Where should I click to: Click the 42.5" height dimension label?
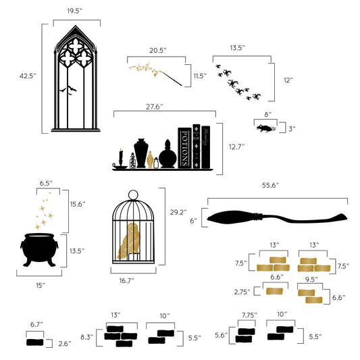[28, 77]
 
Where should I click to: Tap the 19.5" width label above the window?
[75, 11]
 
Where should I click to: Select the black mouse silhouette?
[265, 127]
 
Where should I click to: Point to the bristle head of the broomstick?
[234, 217]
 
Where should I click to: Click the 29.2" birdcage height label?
[178, 211]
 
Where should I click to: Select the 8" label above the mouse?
[267, 114]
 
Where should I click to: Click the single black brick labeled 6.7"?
[38, 342]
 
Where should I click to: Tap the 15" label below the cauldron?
[40, 285]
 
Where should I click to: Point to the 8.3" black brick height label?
[86, 336]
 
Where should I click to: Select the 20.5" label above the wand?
[157, 50]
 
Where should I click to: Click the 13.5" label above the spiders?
[236, 48]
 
